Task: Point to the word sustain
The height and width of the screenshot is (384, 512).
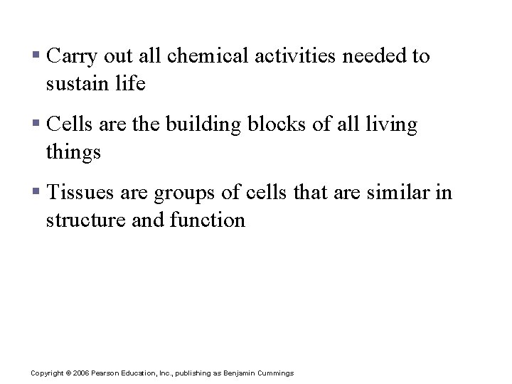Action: click(x=73, y=84)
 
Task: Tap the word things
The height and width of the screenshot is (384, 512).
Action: click(x=73, y=152)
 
